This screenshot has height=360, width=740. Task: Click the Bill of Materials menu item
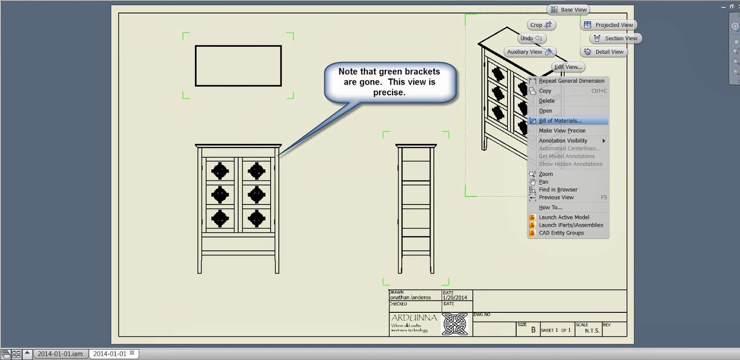[560, 121]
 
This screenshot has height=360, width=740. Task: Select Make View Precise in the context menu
[562, 131]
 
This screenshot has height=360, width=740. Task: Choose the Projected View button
[609, 25]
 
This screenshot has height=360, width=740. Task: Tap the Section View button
[616, 38]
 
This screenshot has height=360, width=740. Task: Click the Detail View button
[604, 52]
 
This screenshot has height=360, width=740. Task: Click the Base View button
[568, 10]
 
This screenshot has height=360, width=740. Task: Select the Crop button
[541, 25]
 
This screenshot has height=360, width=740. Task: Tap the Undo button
[531, 38]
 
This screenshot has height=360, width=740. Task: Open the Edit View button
[568, 67]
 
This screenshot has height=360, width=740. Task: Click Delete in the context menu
[547, 101]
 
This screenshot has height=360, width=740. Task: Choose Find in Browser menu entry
[558, 190]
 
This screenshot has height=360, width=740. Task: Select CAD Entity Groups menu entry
[561, 233]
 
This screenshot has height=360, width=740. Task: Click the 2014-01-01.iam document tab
[60, 354]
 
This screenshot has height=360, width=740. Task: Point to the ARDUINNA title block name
[414, 318]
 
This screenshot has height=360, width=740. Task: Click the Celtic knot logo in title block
[455, 324]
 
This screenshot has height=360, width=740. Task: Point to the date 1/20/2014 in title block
[455, 298]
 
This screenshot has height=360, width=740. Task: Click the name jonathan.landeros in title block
[410, 298]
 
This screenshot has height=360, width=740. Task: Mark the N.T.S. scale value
[592, 331]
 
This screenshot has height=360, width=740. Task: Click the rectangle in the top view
[238, 66]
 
